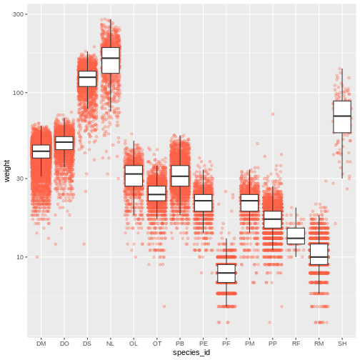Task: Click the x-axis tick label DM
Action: pyautogui.click(x=41, y=344)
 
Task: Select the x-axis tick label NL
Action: pyautogui.click(x=110, y=344)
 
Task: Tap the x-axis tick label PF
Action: pyautogui.click(x=226, y=344)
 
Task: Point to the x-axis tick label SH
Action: pyautogui.click(x=342, y=344)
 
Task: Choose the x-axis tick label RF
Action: pyautogui.click(x=296, y=344)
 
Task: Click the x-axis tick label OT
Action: pyautogui.click(x=157, y=344)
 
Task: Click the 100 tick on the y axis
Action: pyautogui.click(x=20, y=93)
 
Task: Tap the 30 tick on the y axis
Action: pyautogui.click(x=21, y=179)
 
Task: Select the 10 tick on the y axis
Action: pyautogui.click(x=21, y=257)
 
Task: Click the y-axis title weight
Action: pyautogui.click(x=6, y=171)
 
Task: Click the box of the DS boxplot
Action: pyautogui.click(x=87, y=79)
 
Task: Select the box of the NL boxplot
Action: pyautogui.click(x=111, y=60)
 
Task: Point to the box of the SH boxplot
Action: pyautogui.click(x=342, y=116)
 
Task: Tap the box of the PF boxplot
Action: pyautogui.click(x=226, y=274)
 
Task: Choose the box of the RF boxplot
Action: pyautogui.click(x=296, y=236)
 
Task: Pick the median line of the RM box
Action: pyautogui.click(x=319, y=256)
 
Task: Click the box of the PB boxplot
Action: pyautogui.click(x=180, y=176)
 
